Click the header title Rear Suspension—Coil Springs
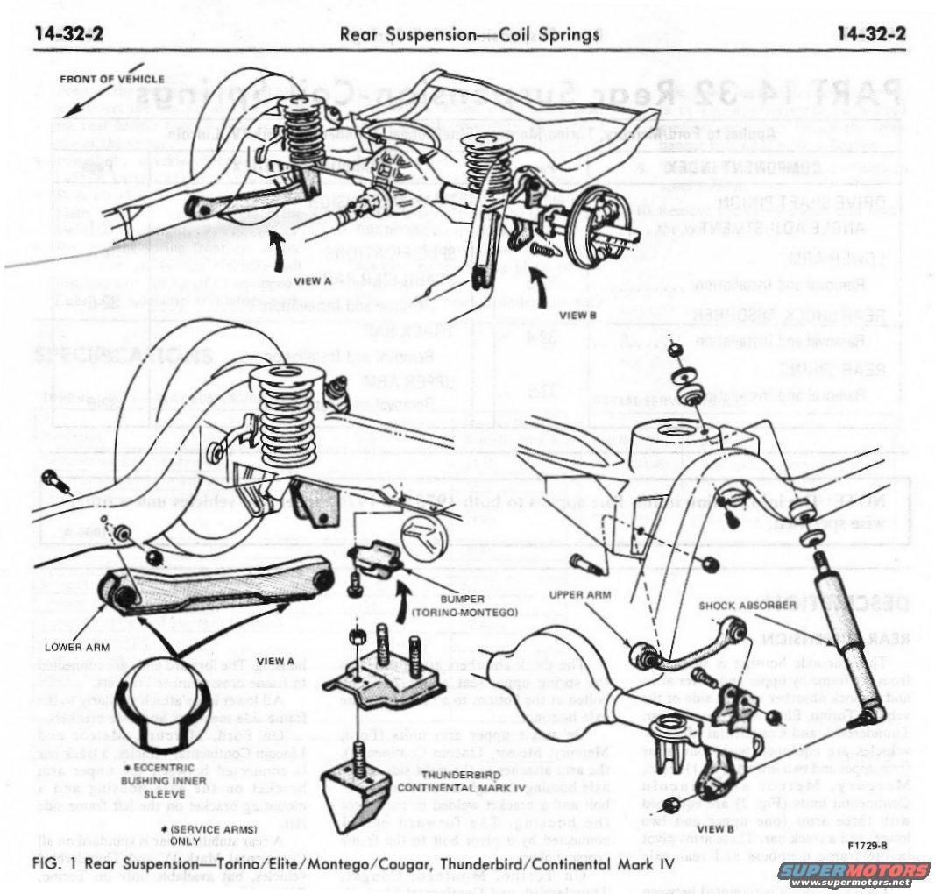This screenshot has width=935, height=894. (470, 35)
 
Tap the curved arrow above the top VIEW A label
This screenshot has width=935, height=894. (279, 253)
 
